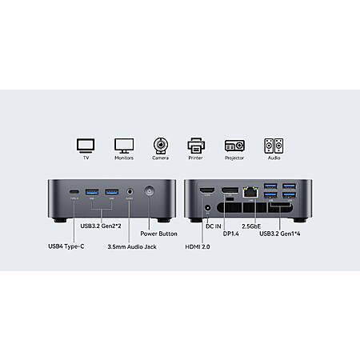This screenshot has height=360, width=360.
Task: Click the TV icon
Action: [x=86, y=146]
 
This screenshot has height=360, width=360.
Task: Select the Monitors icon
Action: [x=124, y=146]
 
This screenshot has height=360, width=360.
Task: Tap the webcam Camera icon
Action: [x=160, y=146]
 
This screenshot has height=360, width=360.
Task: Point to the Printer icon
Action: [x=196, y=146]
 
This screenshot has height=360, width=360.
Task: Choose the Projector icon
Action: [x=234, y=146]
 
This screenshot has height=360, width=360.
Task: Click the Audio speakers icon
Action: [x=274, y=146]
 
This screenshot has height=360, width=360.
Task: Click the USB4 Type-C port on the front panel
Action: [x=74, y=192]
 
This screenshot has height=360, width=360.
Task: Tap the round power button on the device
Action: [x=149, y=191]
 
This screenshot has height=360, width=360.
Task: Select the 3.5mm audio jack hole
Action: [x=130, y=191]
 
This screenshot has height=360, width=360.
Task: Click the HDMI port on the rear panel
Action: [x=207, y=191]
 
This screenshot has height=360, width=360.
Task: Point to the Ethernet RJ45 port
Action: [x=250, y=191]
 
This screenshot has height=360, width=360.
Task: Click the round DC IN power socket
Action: [x=207, y=208]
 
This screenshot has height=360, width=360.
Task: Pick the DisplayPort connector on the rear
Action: [x=230, y=190]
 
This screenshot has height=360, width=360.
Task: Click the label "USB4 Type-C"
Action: [x=66, y=246]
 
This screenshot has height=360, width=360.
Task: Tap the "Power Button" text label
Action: [x=158, y=234]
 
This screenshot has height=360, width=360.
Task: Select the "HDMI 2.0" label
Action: [x=198, y=246]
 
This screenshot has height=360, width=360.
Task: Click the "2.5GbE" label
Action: [x=251, y=226]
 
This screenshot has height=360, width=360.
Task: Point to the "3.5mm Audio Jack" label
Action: [x=132, y=246]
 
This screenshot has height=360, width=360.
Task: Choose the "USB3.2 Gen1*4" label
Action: [x=280, y=234]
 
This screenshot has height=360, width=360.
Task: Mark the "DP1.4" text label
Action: [x=231, y=234]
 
